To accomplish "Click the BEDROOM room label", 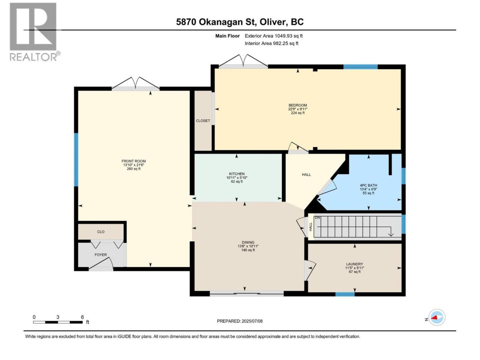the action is tap(297, 105).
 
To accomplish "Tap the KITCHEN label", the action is tap(237, 174).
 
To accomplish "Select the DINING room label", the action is tap(248, 242).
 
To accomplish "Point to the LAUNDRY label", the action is tap(354, 264).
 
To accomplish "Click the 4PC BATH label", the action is tap(369, 185).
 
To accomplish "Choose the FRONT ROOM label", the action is tap(133, 161).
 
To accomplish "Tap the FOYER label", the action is tap(100, 255).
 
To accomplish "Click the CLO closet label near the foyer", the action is tap(101, 232).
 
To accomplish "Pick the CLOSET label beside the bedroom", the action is tap(203, 121).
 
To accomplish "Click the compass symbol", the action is tap(437, 317).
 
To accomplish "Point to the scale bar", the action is tap(58, 322).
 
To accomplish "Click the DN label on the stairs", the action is tap(317, 218).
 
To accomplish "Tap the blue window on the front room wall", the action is tap(76, 160).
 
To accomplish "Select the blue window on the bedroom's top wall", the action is tap(361, 67).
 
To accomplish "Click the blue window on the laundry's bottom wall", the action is tap(345, 294).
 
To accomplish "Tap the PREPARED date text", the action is tap(240, 321).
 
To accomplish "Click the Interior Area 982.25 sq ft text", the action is tap(271, 43).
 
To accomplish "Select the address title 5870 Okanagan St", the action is tap(216, 22).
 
